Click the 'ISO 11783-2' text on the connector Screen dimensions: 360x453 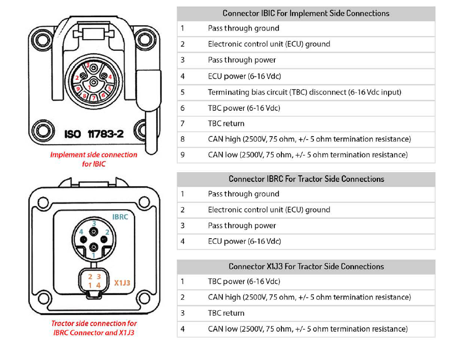point(94,134)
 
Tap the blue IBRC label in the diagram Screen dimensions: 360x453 point(120,217)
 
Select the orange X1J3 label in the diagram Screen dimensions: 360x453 point(123,283)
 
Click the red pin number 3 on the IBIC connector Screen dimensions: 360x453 point(87,65)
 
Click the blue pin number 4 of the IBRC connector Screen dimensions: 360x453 point(80,232)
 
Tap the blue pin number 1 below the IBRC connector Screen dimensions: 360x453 point(93,256)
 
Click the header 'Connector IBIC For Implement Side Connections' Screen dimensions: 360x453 point(306,13)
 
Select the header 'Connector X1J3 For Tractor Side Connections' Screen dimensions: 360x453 point(306,267)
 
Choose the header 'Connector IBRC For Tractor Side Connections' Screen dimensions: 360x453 point(306,179)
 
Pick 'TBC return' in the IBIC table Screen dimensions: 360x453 point(226,123)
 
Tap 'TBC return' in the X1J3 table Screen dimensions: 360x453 point(226,313)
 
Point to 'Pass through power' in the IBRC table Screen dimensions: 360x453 point(242,225)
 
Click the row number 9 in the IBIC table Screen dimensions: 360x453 point(182,155)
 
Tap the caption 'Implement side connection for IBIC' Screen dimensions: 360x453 point(93,159)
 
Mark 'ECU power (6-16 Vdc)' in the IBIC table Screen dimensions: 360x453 point(244,76)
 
